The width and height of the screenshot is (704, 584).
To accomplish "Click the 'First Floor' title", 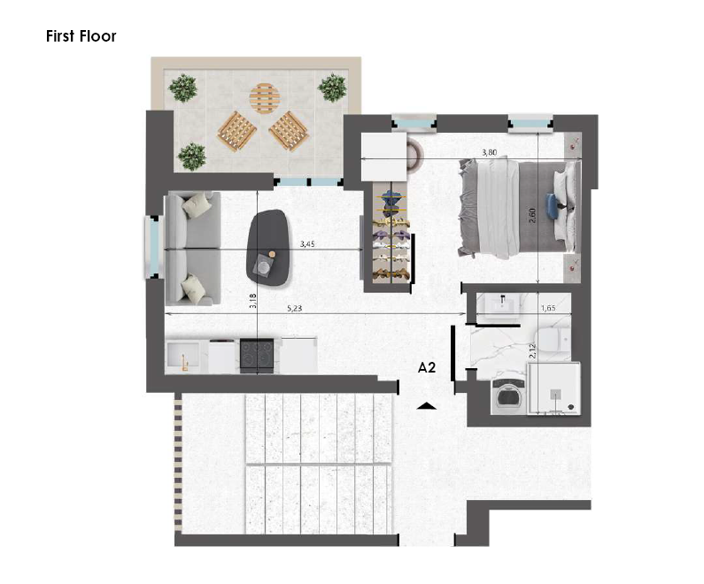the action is pos(81,36).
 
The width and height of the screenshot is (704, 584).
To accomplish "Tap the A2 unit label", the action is pos(427,368).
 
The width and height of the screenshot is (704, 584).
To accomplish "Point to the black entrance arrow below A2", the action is pos(426,406).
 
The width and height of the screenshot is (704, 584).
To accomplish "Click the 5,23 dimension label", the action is pos(294,309).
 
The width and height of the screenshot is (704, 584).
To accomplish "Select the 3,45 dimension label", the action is pos(307,244).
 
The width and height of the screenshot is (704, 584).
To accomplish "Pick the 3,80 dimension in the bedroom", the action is pos(490,152).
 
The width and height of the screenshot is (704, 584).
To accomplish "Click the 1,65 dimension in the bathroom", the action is pos(548,308).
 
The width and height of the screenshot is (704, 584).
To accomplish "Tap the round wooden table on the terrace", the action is pos(265,99).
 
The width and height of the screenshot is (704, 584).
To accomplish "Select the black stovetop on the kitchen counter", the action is pos(257,356).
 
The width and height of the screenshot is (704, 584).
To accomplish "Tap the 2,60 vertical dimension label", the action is pos(533,215).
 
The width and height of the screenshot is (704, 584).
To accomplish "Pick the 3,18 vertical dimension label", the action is pos(252,301).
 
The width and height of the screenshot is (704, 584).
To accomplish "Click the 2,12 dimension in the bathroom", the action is pos(532,350).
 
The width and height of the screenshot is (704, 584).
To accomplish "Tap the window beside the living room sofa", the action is pos(152,247).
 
